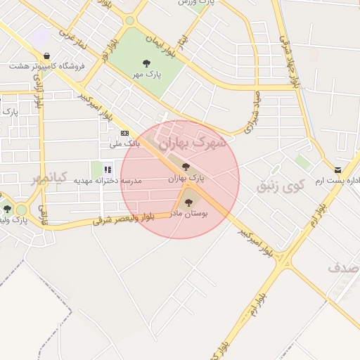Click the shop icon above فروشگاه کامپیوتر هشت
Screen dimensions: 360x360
pos(46,56)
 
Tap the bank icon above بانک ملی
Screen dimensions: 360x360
pos(124,133)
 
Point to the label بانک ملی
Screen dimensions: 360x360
pos(125,143)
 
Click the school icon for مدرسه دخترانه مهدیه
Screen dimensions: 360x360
pos(108,169)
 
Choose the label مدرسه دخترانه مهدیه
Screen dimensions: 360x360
pos(108,181)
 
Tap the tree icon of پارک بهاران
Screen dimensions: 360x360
pos(186,167)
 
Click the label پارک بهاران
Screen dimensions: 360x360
pos(186,179)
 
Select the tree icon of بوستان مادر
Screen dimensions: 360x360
pos(186,202)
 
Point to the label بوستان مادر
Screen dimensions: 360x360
pos(187,214)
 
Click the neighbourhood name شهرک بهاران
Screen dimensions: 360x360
pos(193,143)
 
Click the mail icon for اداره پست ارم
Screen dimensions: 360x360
pos(338,170)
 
